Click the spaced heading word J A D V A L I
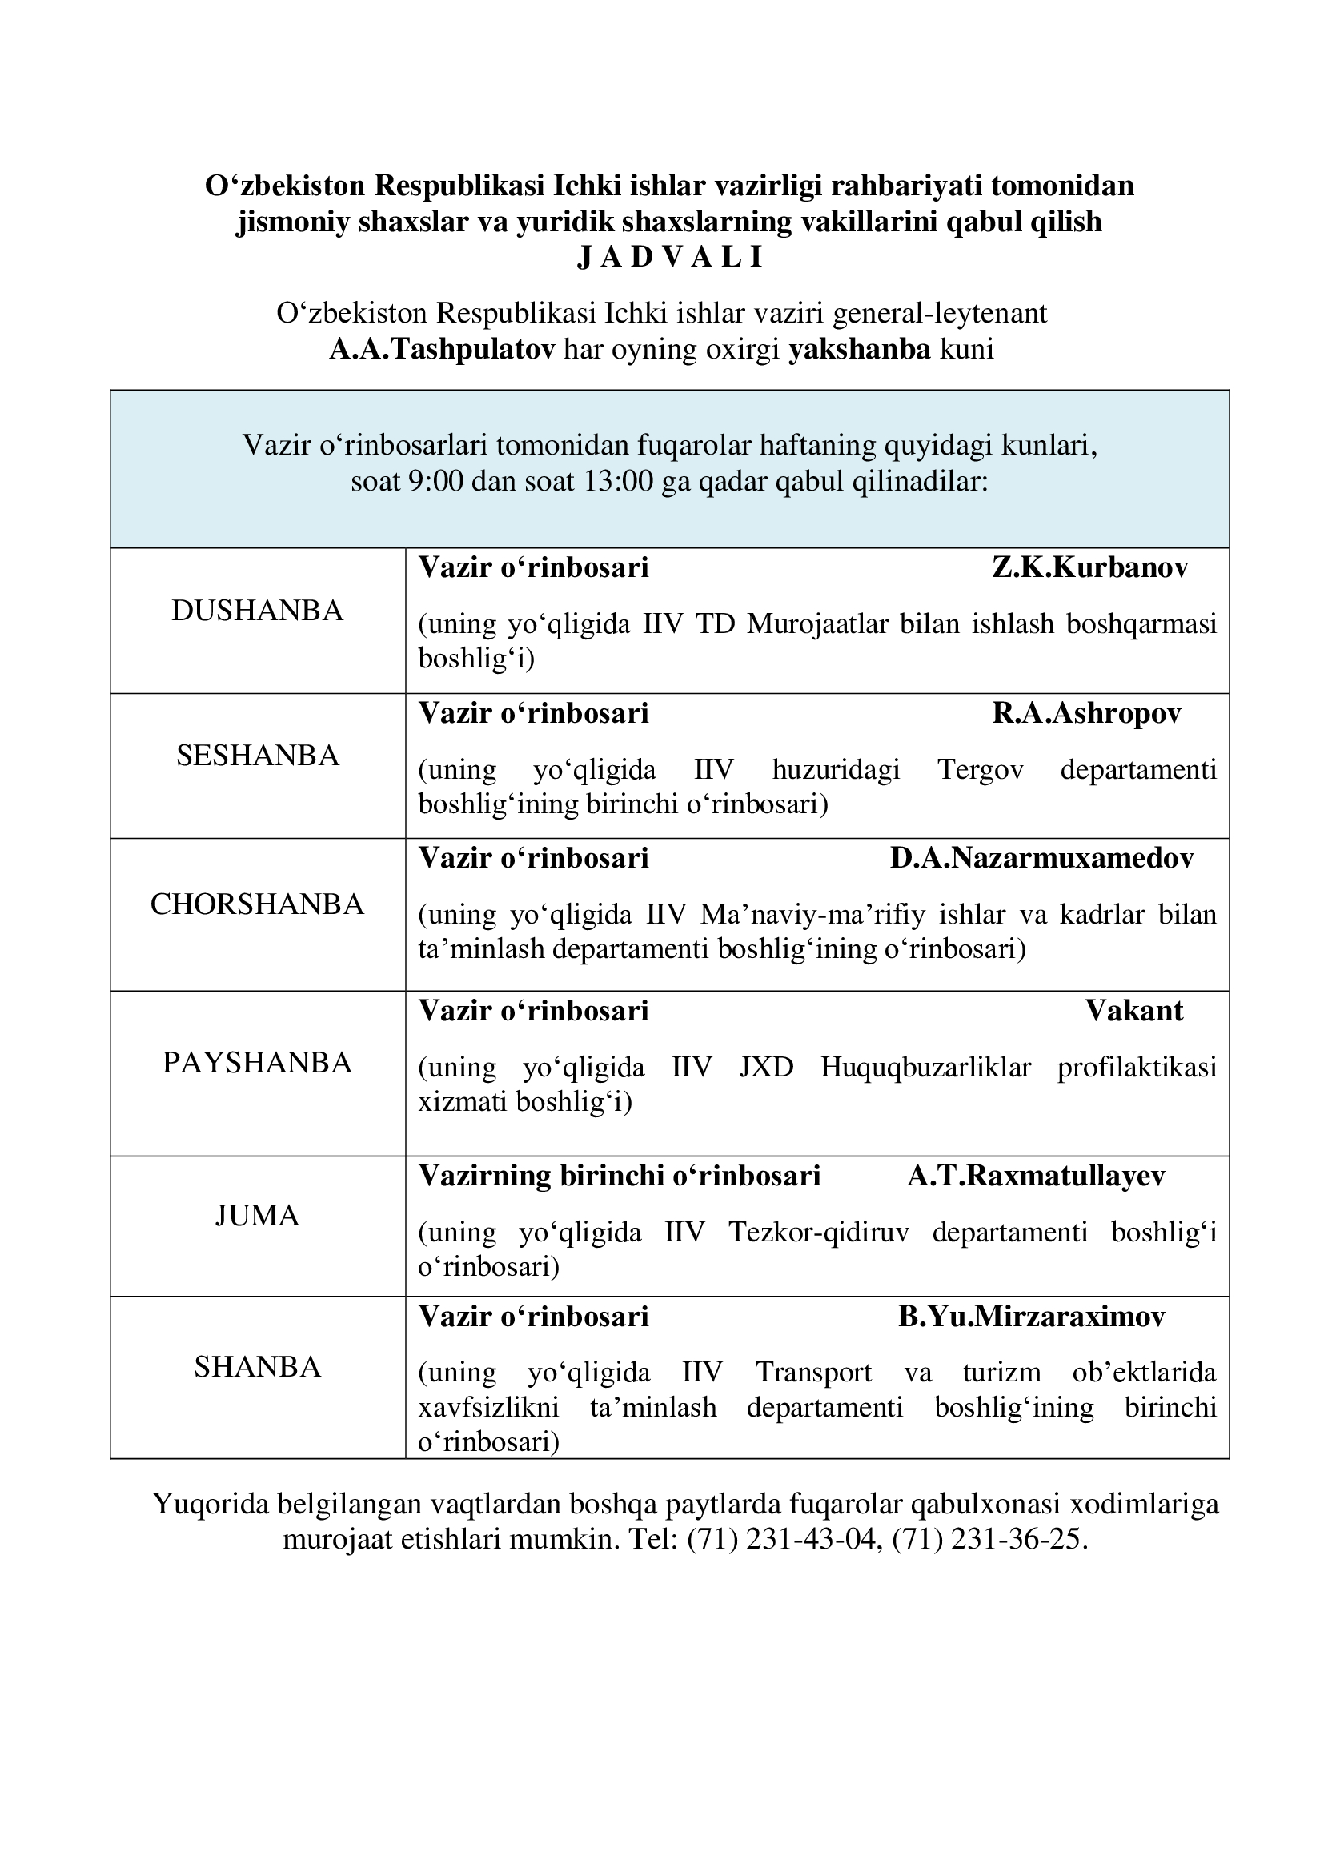(669, 258)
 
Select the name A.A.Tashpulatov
(442, 350)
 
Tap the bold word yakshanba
(859, 350)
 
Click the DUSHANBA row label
(258, 611)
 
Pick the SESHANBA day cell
(258, 756)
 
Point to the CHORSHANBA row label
(258, 905)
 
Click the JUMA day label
(258, 1217)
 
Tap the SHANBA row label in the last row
(258, 1367)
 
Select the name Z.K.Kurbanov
(1090, 568)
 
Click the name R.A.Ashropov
(1086, 713)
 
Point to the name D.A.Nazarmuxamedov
(1041, 859)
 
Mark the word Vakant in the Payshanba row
(1134, 1011)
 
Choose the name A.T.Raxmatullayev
(1035, 1176)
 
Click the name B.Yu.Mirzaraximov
(1031, 1317)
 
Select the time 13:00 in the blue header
(619, 482)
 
